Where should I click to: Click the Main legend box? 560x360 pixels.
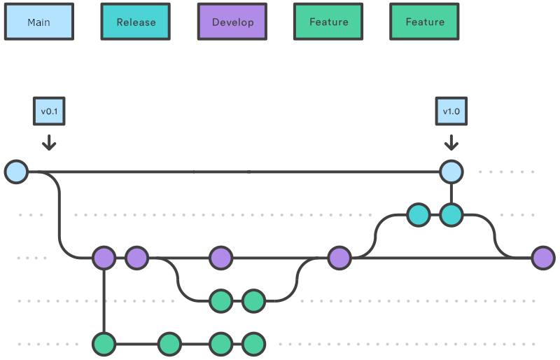[x=38, y=22]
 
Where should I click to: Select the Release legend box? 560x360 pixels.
[x=136, y=22]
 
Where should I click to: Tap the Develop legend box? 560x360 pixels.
[x=232, y=22]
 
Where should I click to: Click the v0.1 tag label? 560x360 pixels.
[x=48, y=111]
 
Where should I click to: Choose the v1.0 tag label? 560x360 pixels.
[x=451, y=111]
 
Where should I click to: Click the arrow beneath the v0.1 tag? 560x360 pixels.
[x=48, y=142]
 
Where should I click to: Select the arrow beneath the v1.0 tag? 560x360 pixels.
[x=451, y=142]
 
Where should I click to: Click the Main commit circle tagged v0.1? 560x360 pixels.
[x=16, y=172]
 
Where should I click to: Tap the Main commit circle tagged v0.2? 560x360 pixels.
[x=220, y=172]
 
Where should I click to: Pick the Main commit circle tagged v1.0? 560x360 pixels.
[x=451, y=172]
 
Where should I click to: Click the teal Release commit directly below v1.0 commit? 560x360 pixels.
[x=451, y=215]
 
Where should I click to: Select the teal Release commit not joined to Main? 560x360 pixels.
[x=419, y=215]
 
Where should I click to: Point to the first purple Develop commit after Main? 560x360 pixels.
[x=104, y=258]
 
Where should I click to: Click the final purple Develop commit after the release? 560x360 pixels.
[x=543, y=258]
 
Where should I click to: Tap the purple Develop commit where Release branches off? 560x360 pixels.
[x=339, y=258]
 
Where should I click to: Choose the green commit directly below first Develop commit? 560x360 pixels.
[x=104, y=344]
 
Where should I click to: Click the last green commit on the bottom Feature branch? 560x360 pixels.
[x=253, y=344]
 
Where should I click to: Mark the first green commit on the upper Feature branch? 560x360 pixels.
[x=220, y=301]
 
